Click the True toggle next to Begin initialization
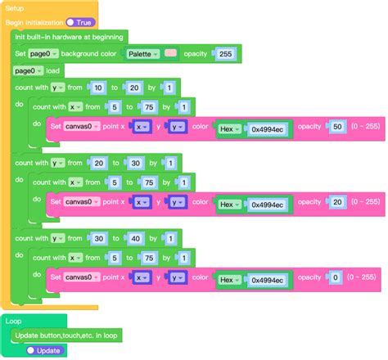(81, 22)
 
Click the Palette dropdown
(142, 53)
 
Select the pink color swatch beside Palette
(170, 53)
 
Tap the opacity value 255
(225, 53)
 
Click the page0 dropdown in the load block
(29, 70)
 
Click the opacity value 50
(335, 127)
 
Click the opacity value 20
(335, 203)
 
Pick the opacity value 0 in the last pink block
(335, 279)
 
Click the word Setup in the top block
(15, 7)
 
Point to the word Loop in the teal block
(14, 322)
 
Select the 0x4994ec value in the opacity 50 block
(268, 128)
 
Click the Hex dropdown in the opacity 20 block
(228, 204)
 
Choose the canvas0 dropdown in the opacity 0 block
(82, 279)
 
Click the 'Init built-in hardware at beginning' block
(69, 37)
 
